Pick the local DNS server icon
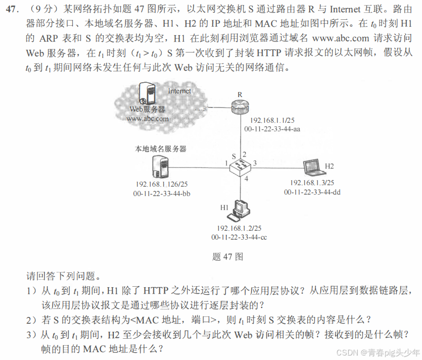point(160,166)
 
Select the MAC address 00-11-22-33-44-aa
point(273,129)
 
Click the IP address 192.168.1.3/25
point(312,183)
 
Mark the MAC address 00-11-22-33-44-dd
point(312,192)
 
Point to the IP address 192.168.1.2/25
point(239,228)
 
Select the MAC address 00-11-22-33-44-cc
point(239,237)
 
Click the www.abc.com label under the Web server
point(147,119)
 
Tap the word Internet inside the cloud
point(179,91)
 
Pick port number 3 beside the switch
point(255,163)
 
